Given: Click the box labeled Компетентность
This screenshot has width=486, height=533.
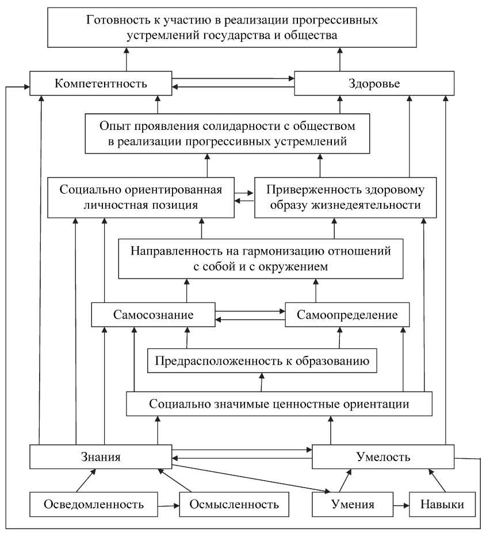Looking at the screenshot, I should coord(101,83).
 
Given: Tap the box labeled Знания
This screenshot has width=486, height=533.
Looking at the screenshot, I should coord(101,457).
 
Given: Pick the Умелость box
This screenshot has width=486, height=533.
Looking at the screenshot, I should coord(382,457).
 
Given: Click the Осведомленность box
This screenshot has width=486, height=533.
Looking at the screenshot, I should coord(94,505).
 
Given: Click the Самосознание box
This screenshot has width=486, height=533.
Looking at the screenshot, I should coord(153,315).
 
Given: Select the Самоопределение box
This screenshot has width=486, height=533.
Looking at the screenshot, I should coord(347,315).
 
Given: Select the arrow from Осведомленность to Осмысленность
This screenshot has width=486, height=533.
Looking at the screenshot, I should coord(169,505).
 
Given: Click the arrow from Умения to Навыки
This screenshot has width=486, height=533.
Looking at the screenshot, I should coord(400,505).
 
